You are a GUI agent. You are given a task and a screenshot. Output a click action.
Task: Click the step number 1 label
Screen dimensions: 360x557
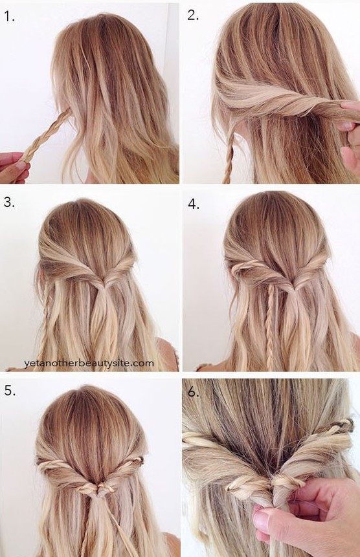pos(9,16)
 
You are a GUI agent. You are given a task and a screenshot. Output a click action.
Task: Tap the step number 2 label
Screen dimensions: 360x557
pos(193,16)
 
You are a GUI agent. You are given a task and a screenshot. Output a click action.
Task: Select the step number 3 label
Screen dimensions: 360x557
pos(9,202)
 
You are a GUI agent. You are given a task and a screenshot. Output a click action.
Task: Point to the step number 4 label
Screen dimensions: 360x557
pos(194,204)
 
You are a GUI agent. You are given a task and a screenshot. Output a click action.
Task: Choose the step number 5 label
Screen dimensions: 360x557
pos(10,390)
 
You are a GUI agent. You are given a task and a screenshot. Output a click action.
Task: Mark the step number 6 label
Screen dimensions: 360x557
pos(194,392)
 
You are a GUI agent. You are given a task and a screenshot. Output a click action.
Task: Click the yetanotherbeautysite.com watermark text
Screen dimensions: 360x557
pos(89,364)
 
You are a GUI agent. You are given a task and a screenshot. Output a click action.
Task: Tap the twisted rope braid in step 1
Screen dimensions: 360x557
pos(46,134)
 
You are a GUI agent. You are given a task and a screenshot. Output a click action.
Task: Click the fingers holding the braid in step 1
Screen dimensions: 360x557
pos(14,167)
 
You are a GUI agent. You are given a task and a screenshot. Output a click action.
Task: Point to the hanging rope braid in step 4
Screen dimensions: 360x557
pos(270,327)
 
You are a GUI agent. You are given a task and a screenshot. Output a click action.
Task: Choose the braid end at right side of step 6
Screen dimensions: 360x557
pos(344,425)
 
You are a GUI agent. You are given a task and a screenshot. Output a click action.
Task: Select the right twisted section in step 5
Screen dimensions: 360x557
pos(124,470)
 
